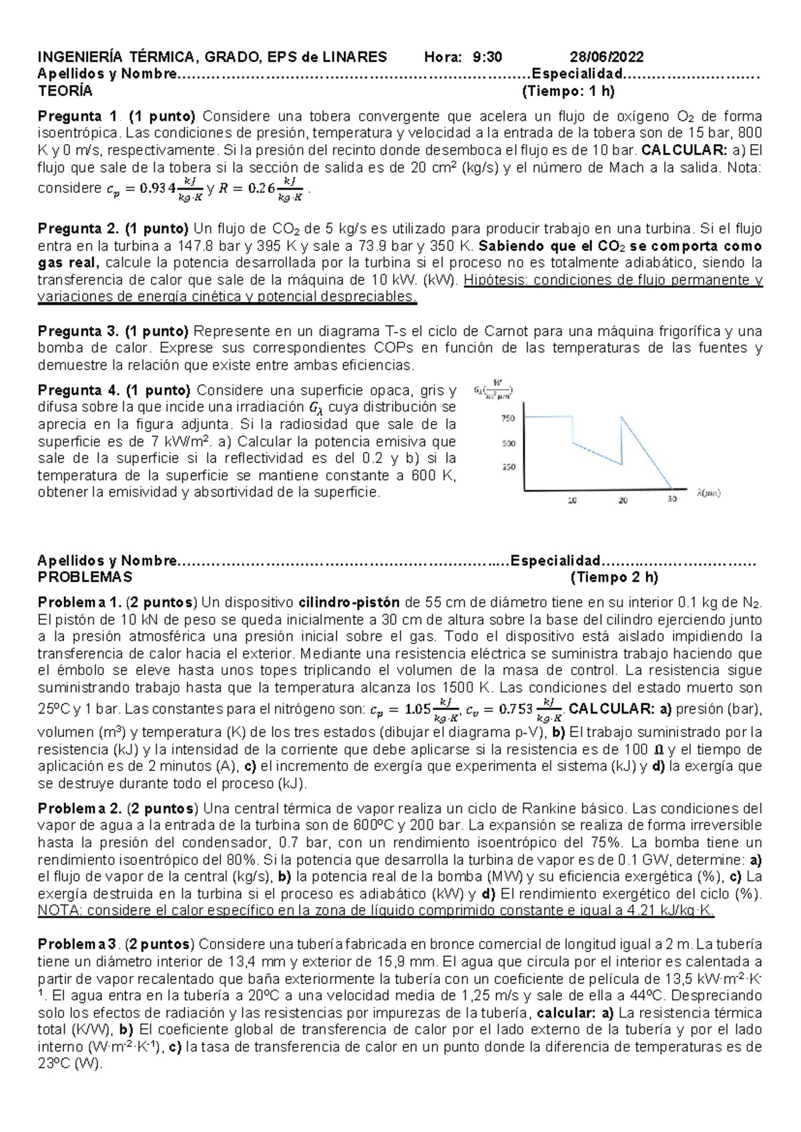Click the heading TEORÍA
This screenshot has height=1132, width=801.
click(x=65, y=91)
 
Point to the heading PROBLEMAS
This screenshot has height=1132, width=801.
click(x=85, y=577)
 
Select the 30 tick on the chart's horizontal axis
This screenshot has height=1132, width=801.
click(x=672, y=499)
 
